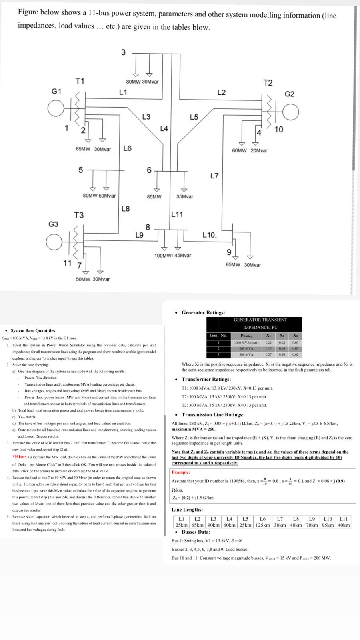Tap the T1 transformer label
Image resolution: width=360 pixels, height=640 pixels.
[x=80, y=82]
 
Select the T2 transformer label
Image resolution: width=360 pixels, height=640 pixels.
[x=268, y=83]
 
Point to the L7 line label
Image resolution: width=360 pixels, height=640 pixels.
[x=214, y=176]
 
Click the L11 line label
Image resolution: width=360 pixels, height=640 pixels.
[x=177, y=214]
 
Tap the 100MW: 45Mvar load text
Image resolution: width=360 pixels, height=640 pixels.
[x=173, y=255]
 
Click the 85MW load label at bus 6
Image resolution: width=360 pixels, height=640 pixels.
[x=154, y=197]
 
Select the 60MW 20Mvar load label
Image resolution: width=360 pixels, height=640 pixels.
[x=250, y=150]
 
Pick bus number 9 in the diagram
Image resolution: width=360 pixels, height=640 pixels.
[x=228, y=252]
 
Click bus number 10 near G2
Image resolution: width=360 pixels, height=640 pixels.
[x=279, y=129]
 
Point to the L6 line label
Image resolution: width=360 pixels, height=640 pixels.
[x=128, y=148]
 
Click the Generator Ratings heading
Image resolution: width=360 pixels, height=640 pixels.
[x=203, y=312]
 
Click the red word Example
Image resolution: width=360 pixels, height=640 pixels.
[x=181, y=472]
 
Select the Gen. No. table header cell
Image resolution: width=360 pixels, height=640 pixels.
[x=218, y=336]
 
